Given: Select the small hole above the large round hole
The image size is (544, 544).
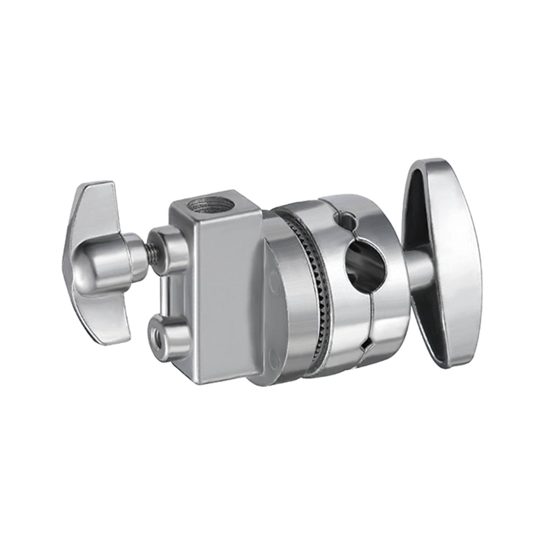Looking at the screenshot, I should click(x=347, y=220).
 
